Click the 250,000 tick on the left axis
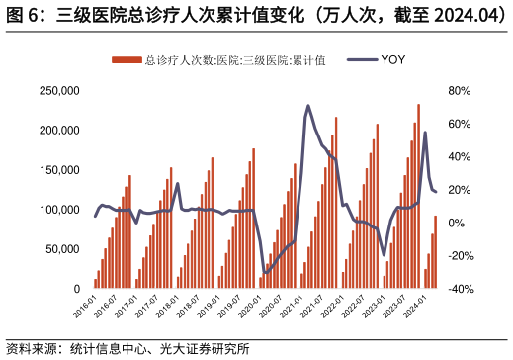click(58, 90)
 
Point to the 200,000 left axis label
click(58, 130)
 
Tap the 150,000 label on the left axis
click(58, 170)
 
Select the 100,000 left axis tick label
click(58, 210)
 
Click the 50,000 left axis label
click(61, 249)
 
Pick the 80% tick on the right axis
click(461, 90)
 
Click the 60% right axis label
click(461, 124)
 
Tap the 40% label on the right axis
click(461, 156)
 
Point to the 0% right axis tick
click(458, 223)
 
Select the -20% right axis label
click(463, 256)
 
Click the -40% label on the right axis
click(463, 289)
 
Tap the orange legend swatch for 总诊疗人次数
click(126, 60)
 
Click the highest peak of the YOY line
click(308, 106)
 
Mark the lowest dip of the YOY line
click(265, 273)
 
